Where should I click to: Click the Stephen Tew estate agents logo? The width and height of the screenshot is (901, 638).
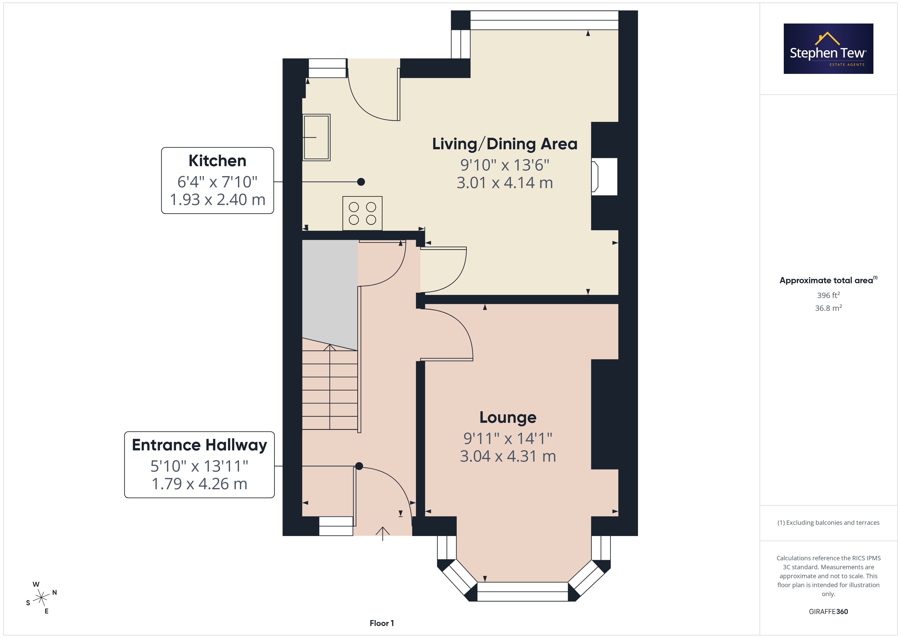pyautogui.click(x=828, y=49)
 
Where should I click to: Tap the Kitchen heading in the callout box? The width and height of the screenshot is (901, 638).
pyautogui.click(x=217, y=161)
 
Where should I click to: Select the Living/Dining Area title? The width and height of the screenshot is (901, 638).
pyautogui.click(x=505, y=144)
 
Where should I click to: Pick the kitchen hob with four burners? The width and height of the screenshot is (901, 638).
pyautogui.click(x=362, y=213)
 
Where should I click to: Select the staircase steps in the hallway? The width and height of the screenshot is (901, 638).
pyautogui.click(x=330, y=387)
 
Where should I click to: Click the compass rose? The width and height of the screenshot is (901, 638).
pyautogui.click(x=41, y=598)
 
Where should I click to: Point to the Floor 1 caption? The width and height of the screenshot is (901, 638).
pyautogui.click(x=382, y=623)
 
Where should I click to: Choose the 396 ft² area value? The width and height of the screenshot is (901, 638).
pyautogui.click(x=828, y=295)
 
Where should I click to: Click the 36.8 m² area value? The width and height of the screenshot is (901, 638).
pyautogui.click(x=828, y=308)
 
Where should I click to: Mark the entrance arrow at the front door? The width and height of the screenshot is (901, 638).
pyautogui.click(x=383, y=533)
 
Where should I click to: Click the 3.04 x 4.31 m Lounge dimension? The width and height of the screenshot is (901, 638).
pyautogui.click(x=508, y=456)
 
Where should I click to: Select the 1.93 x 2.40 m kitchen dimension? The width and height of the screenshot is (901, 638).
pyautogui.click(x=217, y=200)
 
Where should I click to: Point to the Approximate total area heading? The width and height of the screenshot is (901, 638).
pyautogui.click(x=828, y=280)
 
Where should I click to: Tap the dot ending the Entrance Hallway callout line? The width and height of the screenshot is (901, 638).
pyautogui.click(x=359, y=466)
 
